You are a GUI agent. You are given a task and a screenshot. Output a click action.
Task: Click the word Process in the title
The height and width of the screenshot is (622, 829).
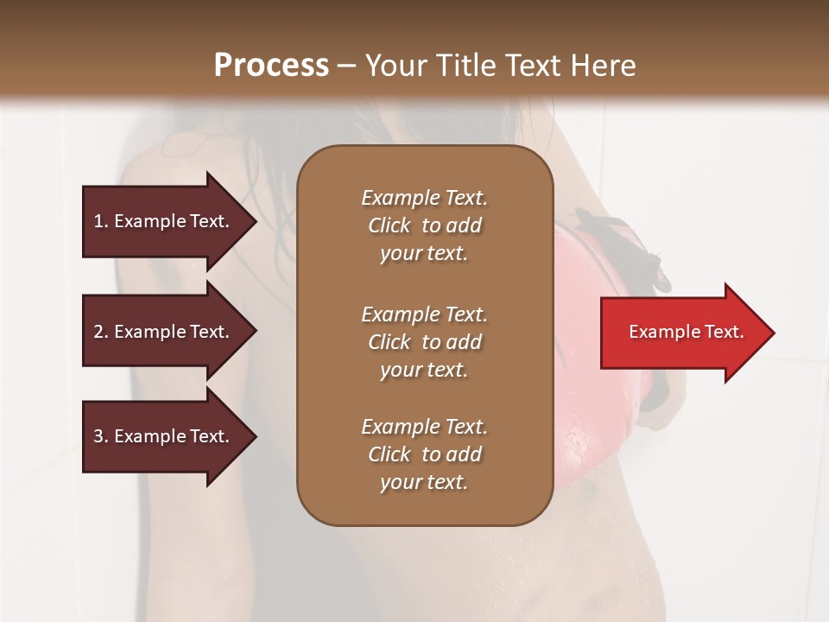point(271,66)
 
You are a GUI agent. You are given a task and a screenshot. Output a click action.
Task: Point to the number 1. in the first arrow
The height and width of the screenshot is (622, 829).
point(100,221)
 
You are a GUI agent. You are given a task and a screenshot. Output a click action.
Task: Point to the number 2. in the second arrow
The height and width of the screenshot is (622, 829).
point(100,332)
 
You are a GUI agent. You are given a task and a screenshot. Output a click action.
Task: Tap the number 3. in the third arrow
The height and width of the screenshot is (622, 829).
point(100,436)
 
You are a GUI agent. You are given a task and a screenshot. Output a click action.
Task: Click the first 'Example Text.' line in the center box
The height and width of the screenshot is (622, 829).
point(424,198)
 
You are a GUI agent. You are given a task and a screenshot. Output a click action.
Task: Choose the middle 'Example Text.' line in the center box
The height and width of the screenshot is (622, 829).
point(424,314)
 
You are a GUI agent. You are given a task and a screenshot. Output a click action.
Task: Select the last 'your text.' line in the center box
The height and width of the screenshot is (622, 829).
point(424,482)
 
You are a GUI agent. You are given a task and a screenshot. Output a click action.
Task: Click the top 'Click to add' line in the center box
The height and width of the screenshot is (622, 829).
point(424,225)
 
